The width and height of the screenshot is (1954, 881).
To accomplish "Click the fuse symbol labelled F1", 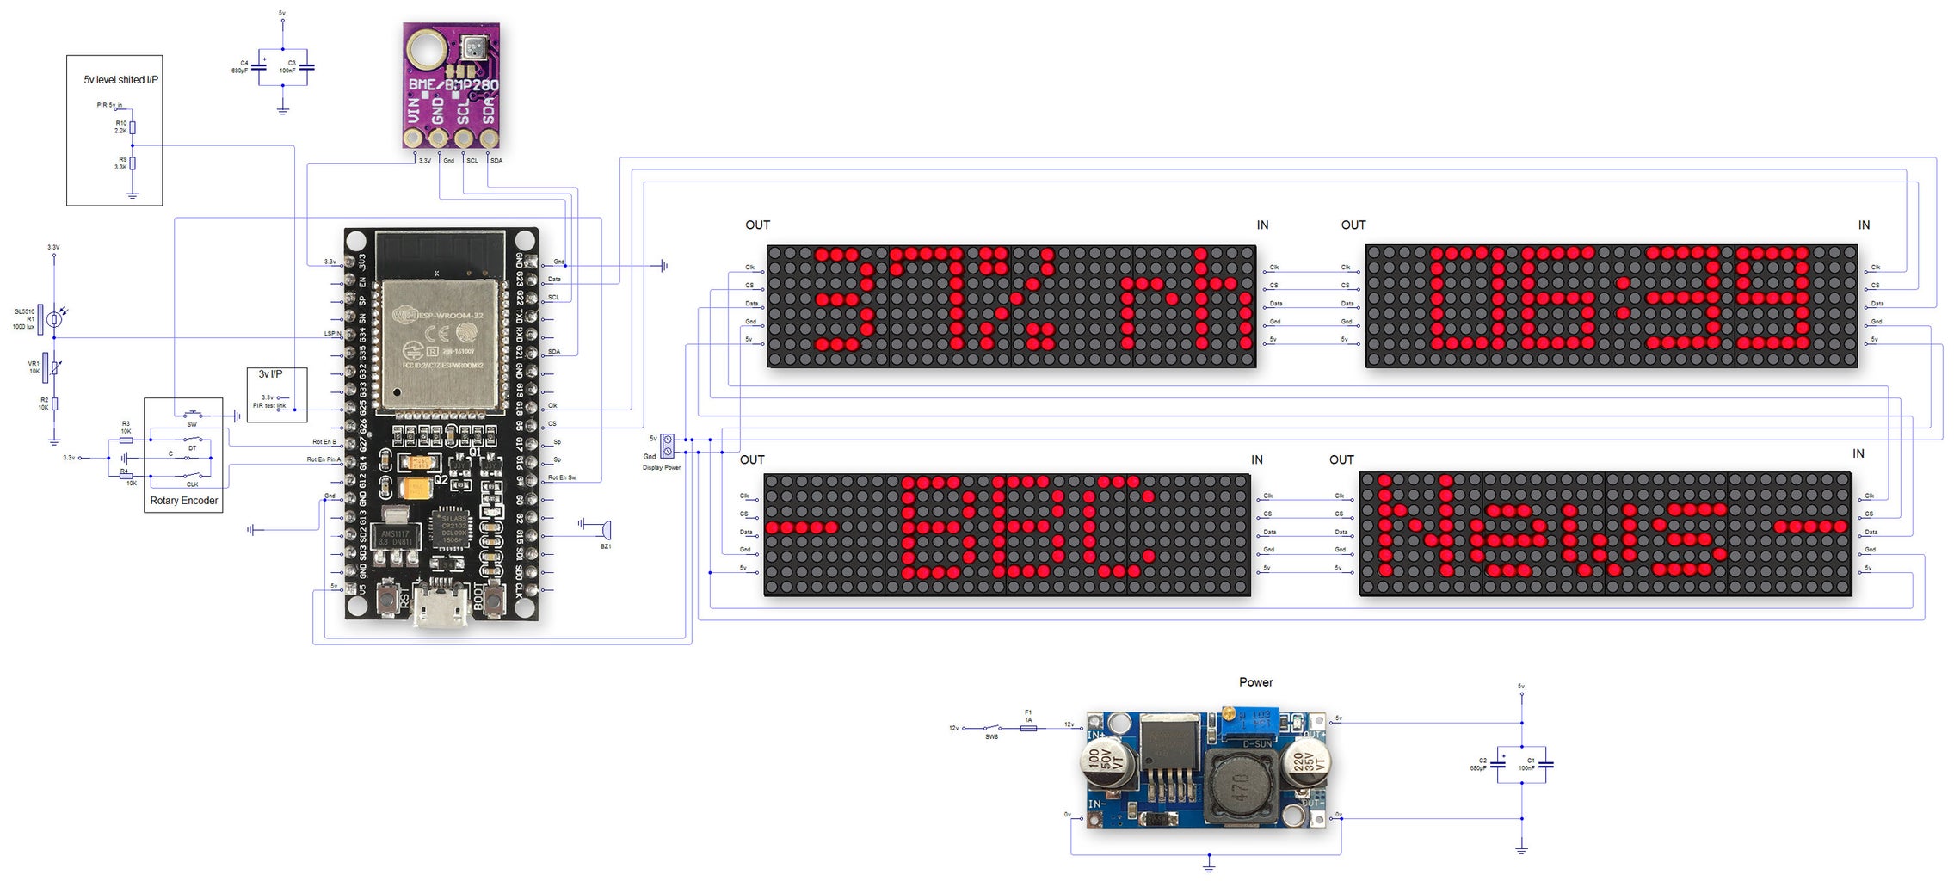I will (x=1028, y=728).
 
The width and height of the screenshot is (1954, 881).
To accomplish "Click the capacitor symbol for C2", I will (x=1498, y=764).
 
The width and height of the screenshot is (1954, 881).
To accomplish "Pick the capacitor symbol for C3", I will (x=307, y=66).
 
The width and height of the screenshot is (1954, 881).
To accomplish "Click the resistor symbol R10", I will (x=133, y=128).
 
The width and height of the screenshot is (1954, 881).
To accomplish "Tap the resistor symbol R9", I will (x=133, y=163).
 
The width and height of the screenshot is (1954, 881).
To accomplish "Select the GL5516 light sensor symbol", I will (x=53, y=319).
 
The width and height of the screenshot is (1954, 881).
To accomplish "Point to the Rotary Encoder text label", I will (x=183, y=501).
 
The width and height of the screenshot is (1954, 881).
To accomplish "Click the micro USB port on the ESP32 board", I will (x=441, y=604).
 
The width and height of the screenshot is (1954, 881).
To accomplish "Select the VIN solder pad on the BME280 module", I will (x=414, y=138).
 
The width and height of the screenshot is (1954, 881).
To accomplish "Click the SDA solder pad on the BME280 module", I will (x=489, y=138).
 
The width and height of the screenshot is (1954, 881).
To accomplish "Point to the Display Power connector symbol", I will (x=667, y=445).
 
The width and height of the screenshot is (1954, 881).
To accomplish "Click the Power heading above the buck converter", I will (x=1255, y=682).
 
